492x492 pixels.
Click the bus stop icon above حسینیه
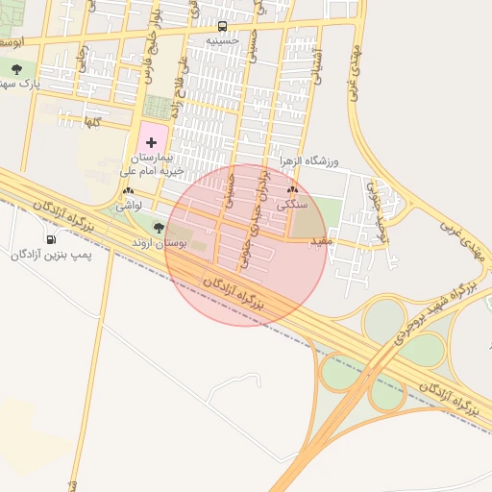tap(223, 26)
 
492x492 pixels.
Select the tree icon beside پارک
tap(17, 68)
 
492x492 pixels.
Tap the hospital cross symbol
tap(152, 141)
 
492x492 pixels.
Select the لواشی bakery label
tap(129, 206)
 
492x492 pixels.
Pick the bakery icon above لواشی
tap(128, 191)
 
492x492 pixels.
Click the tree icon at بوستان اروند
tap(160, 228)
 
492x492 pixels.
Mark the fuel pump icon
tap(50, 239)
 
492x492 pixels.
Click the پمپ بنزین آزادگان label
tap(50, 256)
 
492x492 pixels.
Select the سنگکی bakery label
tap(292, 205)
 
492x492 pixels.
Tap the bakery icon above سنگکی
tap(292, 191)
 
